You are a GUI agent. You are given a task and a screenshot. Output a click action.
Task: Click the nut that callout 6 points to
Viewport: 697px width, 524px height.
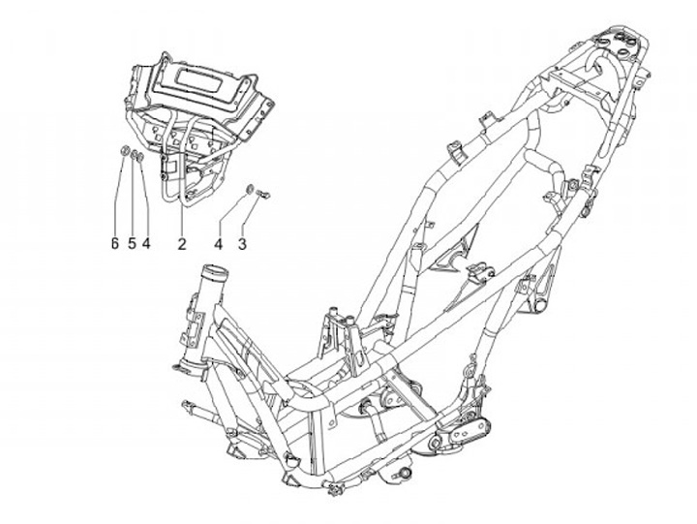(x=125, y=150)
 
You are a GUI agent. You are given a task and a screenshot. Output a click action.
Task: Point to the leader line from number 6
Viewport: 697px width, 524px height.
(x=118, y=194)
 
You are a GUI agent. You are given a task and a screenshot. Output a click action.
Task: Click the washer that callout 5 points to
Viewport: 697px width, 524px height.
(x=134, y=154)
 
